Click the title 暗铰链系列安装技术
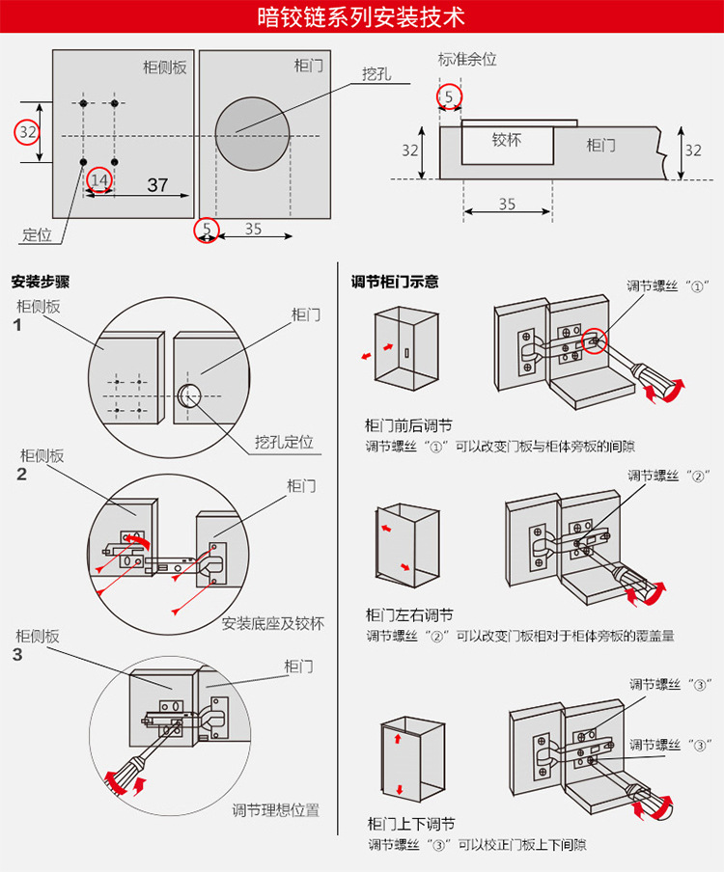(362, 17)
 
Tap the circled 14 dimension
(99, 179)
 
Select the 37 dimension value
(157, 185)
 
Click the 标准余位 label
(467, 59)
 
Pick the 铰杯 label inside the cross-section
(506, 140)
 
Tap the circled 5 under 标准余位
(449, 96)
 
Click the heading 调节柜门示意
(395, 282)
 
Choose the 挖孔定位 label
(283, 442)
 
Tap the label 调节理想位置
(275, 810)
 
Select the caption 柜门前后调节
(409, 425)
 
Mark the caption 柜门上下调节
(411, 824)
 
